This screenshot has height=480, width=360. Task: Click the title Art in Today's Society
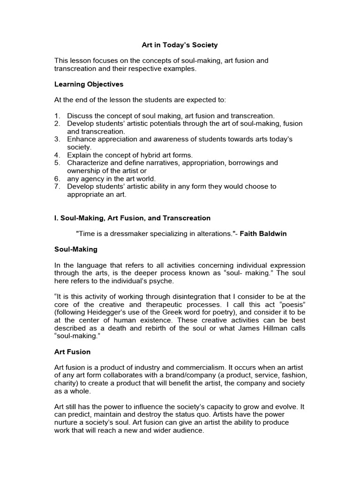pyautogui.click(x=180, y=45)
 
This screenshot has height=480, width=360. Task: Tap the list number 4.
pyautogui.click(x=57, y=155)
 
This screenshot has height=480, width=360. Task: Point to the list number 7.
pyautogui.click(x=57, y=187)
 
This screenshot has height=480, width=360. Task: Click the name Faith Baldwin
pyautogui.click(x=264, y=234)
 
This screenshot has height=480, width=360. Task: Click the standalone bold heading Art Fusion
pyautogui.click(x=72, y=352)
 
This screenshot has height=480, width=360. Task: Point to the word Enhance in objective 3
pyautogui.click(x=81, y=139)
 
